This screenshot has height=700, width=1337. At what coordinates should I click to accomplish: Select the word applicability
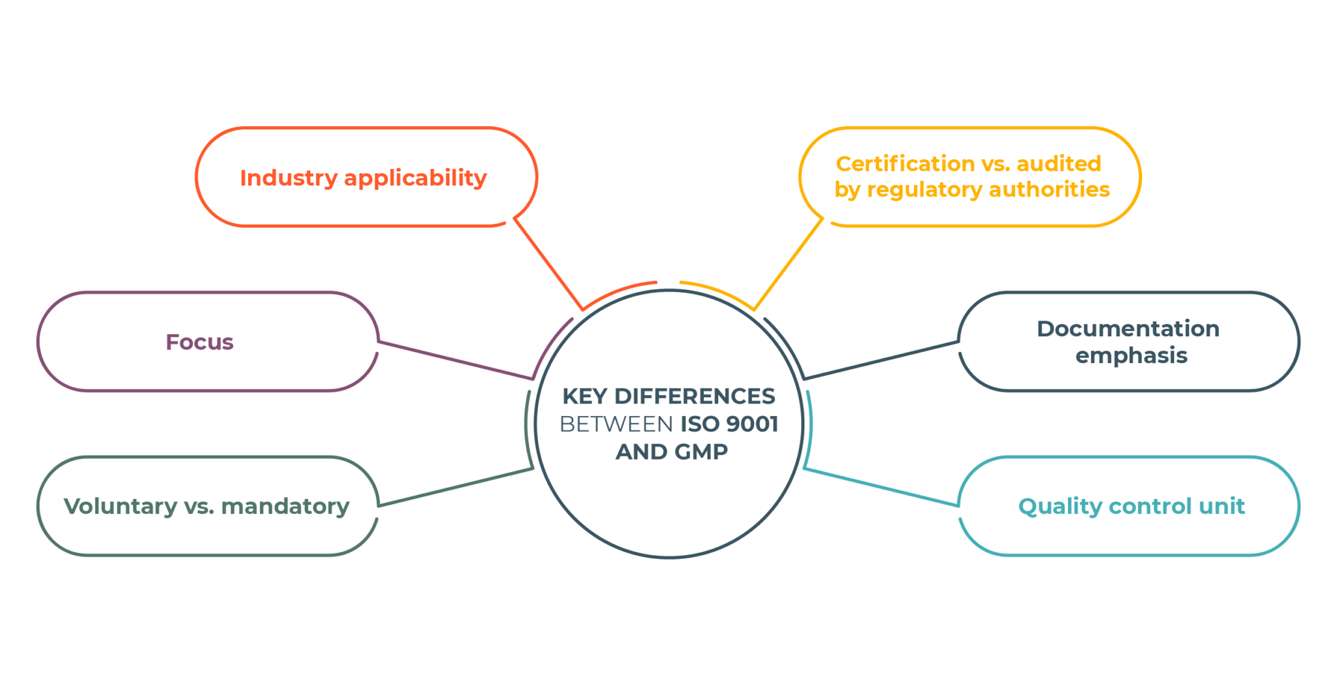tap(415, 178)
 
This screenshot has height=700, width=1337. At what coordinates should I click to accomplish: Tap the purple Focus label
tap(200, 342)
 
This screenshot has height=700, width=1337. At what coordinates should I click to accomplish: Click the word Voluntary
tap(120, 507)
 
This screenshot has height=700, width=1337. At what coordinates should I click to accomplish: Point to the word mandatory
tap(285, 507)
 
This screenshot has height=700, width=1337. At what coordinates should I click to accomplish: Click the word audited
tap(1059, 163)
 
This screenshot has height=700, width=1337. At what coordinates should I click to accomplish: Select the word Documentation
tap(1128, 328)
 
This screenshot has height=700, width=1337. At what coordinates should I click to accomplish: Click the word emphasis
tap(1131, 356)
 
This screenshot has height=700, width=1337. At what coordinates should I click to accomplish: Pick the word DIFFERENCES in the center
tap(695, 396)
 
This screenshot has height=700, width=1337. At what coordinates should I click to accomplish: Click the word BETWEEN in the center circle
tap(616, 424)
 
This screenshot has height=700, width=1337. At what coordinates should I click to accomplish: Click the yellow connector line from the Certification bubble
tap(789, 264)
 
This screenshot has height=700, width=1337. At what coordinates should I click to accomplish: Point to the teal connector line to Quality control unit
tap(881, 487)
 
